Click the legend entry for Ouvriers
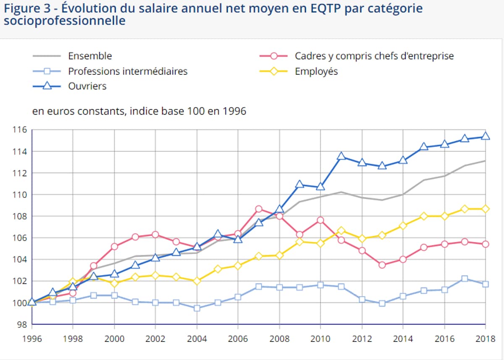tap(87, 86)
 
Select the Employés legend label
tap(316, 71)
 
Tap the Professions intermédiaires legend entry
tap(128, 71)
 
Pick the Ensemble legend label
tap(90, 56)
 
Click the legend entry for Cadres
tap(374, 56)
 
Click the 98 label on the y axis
tap(22, 324)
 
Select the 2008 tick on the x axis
tap(279, 339)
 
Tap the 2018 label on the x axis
tap(485, 339)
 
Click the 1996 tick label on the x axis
tap(32, 339)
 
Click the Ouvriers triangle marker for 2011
tap(341, 156)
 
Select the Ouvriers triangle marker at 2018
tap(486, 136)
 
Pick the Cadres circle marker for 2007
tap(259, 209)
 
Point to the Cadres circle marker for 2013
tap(382, 265)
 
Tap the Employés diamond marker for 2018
tap(486, 209)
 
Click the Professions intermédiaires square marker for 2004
tap(197, 308)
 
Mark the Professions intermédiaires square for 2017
tap(465, 279)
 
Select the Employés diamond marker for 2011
tap(341, 230)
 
